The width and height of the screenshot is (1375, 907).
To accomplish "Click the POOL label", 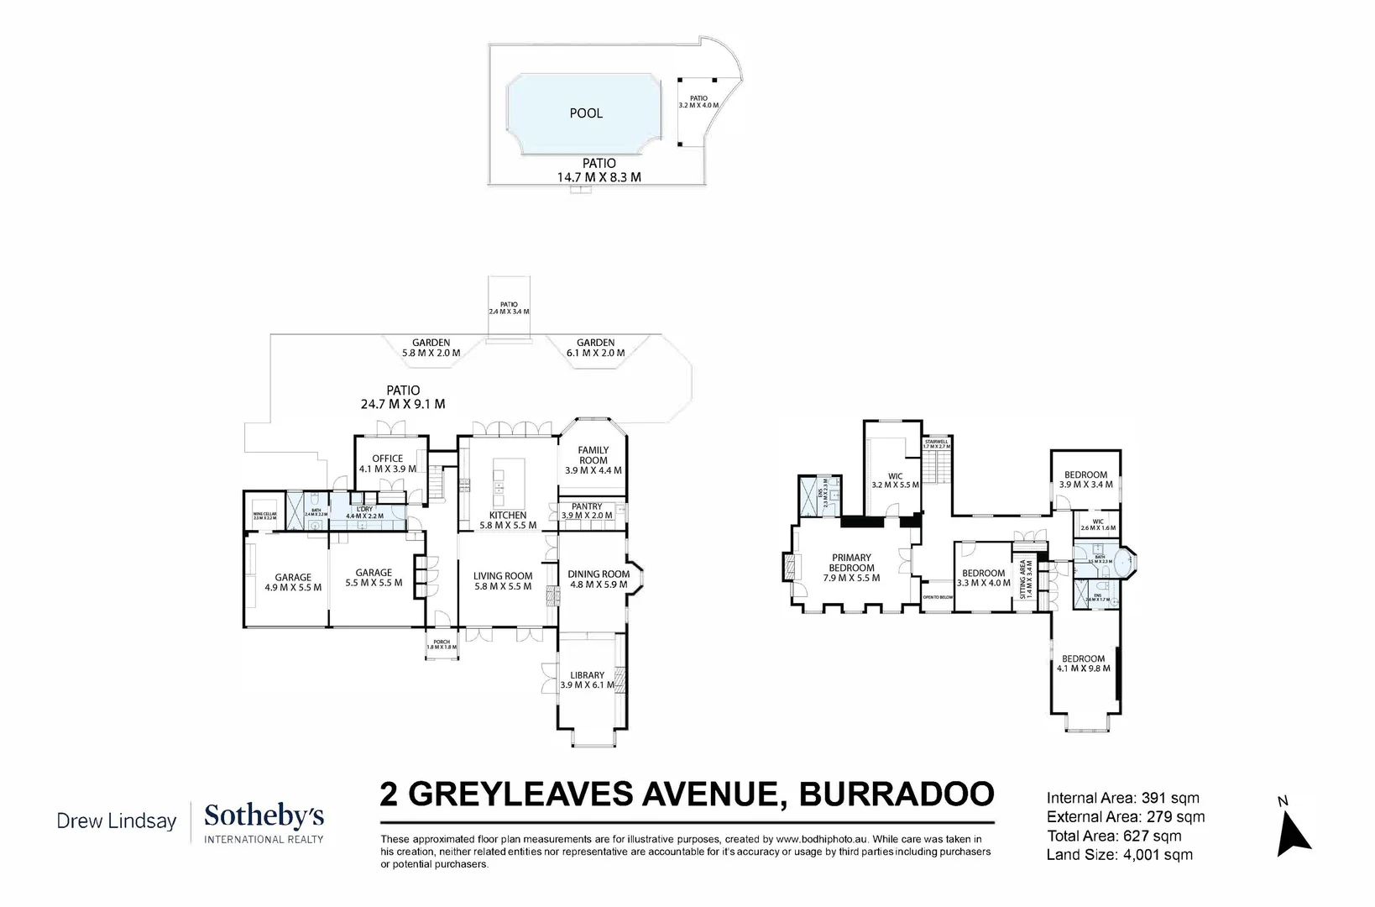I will (586, 113).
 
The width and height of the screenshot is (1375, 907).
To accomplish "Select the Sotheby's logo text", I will (264, 816).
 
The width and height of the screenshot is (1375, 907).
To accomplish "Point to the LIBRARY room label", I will (587, 680).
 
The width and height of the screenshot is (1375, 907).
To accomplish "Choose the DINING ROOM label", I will (598, 579).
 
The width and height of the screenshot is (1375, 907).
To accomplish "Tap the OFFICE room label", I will (387, 464).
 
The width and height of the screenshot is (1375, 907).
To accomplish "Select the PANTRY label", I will (587, 511).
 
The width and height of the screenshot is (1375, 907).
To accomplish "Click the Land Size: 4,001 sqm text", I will (1119, 855).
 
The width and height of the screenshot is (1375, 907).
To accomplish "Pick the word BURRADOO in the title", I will (896, 793).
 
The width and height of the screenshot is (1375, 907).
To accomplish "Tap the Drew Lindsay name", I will (116, 820).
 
